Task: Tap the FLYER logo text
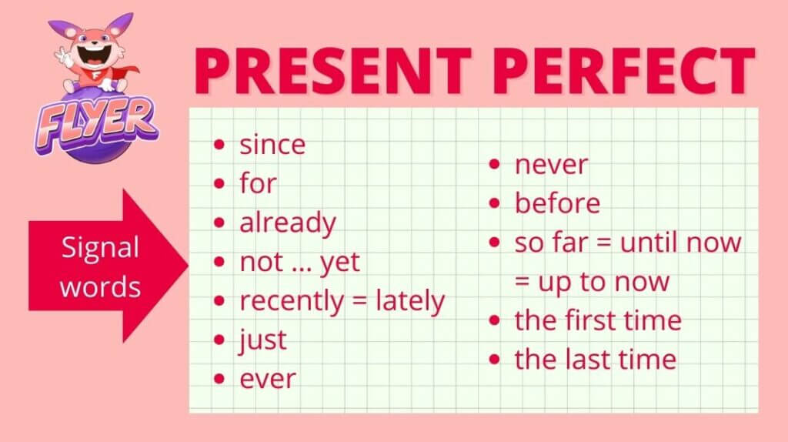pos(95,124)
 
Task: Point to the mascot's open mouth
pos(93,55)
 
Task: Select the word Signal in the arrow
pos(100,247)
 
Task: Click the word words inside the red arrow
pos(100,286)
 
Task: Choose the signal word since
pos(272,145)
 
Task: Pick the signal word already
pos(288,223)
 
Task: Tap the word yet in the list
pos(340,263)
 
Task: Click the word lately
pos(410,301)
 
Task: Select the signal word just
pos(263,340)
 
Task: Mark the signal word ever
pos(268,379)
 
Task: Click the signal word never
pos(551,165)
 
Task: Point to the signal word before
pos(557,203)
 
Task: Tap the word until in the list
pos(649,243)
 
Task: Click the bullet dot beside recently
pos(219,301)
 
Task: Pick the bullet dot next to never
pos(495,165)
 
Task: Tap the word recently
pos(292,301)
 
